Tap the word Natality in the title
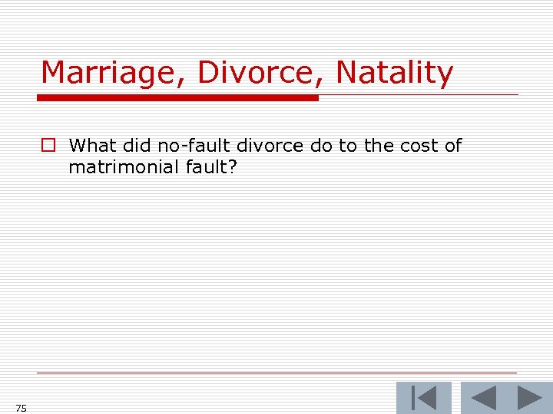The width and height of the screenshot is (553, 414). pyautogui.click(x=395, y=74)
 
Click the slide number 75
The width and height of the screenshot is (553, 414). pyautogui.click(x=20, y=409)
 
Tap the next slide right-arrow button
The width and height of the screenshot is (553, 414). pyautogui.click(x=529, y=399)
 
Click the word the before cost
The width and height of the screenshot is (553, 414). pyautogui.click(x=378, y=146)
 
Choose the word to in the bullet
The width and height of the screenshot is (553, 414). pyautogui.click(x=347, y=146)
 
